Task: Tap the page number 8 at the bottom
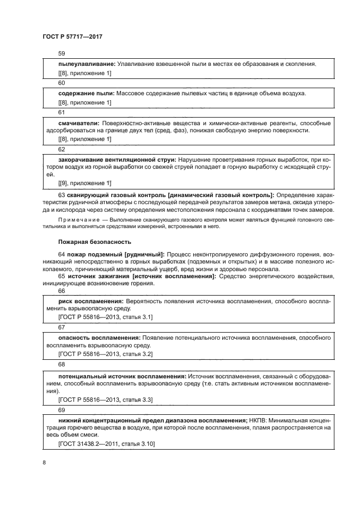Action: pos(44,462)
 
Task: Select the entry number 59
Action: pos(62,54)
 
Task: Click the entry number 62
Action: pos(62,149)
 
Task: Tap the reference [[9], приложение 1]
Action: pos(84,182)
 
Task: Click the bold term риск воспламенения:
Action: pos(90,301)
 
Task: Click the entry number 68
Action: pos(62,364)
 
